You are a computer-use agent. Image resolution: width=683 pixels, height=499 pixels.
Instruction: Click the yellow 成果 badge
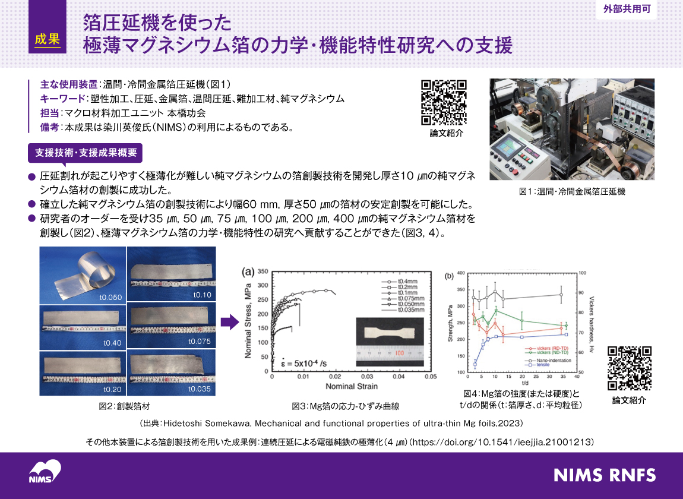click(48, 40)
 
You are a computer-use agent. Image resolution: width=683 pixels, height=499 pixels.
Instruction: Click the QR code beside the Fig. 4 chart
click(630, 368)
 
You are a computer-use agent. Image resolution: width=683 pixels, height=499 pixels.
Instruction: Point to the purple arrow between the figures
click(229, 323)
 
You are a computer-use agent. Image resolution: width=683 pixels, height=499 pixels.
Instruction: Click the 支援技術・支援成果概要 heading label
click(86, 153)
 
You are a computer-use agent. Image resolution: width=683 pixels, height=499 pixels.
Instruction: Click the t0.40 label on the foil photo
click(112, 343)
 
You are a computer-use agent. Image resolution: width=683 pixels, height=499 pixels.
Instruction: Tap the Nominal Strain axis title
click(349, 387)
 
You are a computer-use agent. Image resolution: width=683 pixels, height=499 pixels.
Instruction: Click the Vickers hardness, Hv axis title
click(592, 324)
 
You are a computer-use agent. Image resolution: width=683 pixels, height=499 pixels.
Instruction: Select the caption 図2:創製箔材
click(124, 406)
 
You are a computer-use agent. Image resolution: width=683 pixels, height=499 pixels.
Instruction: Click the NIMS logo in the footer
click(45, 472)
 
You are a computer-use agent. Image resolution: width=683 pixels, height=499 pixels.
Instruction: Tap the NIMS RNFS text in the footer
click(605, 475)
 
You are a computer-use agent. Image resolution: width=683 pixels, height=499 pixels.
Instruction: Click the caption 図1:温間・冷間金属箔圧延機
click(572, 192)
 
